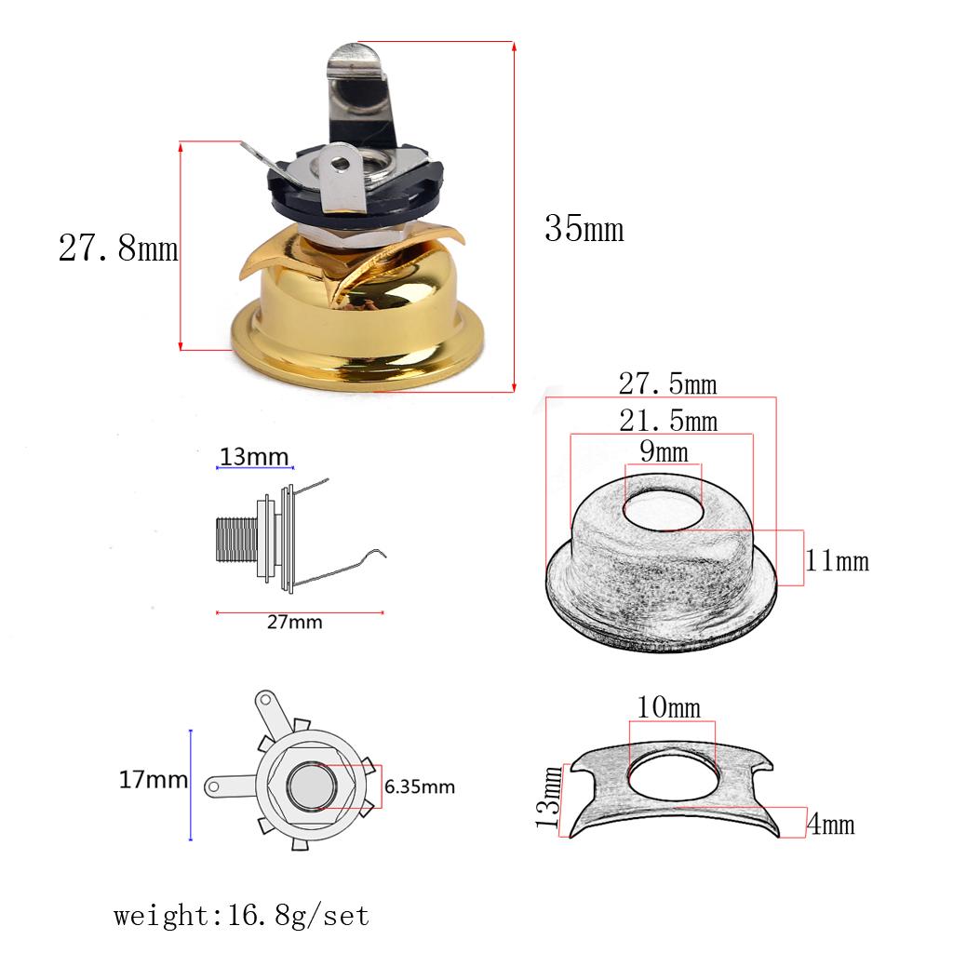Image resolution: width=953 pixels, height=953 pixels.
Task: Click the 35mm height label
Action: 584,228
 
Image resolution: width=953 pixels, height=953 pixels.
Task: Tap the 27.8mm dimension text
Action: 117,248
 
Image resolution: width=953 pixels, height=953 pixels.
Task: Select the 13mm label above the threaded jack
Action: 255,457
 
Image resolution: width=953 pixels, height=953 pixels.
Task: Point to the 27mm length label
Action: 294,623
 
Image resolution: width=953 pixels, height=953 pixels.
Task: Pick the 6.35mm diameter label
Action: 419,786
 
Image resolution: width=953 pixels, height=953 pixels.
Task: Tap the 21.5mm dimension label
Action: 667,422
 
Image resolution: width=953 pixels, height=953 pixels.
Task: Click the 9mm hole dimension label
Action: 664,453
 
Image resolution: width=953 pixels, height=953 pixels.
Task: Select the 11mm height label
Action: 837,561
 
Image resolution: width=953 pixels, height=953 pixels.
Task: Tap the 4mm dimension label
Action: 830,825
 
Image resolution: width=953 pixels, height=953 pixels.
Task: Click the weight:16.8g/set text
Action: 242,915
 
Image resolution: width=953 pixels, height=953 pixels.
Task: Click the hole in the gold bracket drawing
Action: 672,775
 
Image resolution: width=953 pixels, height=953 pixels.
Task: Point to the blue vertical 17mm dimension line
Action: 191,785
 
